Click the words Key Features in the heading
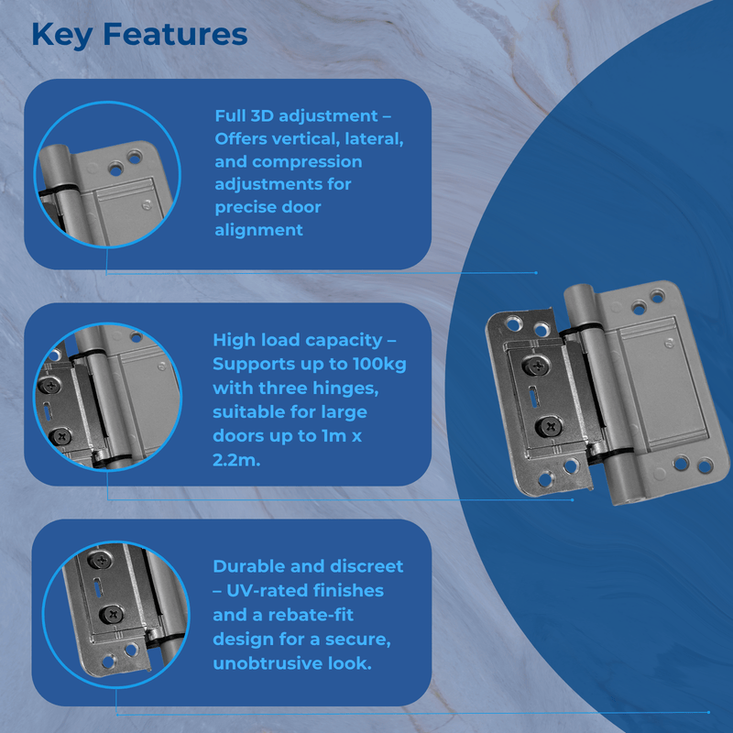pos(139,34)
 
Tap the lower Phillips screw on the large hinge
pos(552,425)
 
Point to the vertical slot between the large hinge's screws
pos(542,397)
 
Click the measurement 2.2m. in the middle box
pos(236,459)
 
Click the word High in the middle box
pos(234,340)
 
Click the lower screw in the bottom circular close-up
pos(110,615)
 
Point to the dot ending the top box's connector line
pos(536,272)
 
